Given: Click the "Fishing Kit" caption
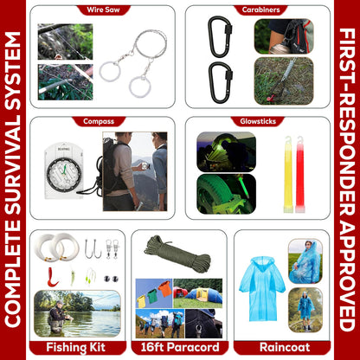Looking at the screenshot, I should click(76, 347).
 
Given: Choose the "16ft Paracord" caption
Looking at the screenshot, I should click(178, 347).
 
